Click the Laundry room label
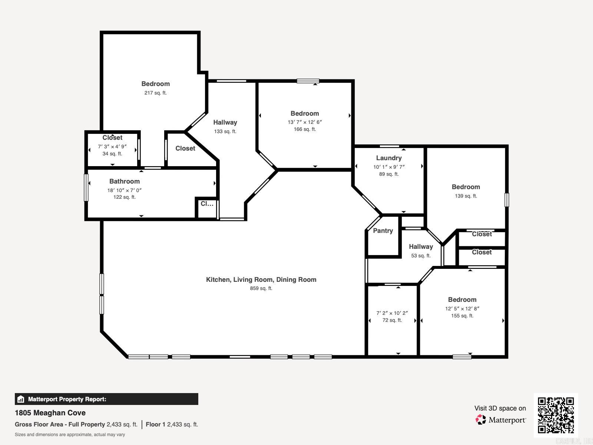[389, 158]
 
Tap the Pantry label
[383, 231]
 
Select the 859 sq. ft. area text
[261, 289]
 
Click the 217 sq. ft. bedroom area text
[155, 93]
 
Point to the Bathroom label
[125, 181]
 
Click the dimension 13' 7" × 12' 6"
[305, 122]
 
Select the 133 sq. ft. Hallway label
[225, 122]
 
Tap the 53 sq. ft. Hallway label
[421, 247]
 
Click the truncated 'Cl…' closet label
[207, 204]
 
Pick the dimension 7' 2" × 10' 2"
[392, 313]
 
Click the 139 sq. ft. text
[466, 196]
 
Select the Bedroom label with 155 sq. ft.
[462, 300]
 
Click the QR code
[556, 415]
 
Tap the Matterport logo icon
[481, 420]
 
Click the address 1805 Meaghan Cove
[50, 413]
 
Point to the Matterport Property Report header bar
[106, 399]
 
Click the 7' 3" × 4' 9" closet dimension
[112, 146]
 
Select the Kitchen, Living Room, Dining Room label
[261, 280]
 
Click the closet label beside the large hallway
[185, 148]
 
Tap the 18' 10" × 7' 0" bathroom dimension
[125, 190]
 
